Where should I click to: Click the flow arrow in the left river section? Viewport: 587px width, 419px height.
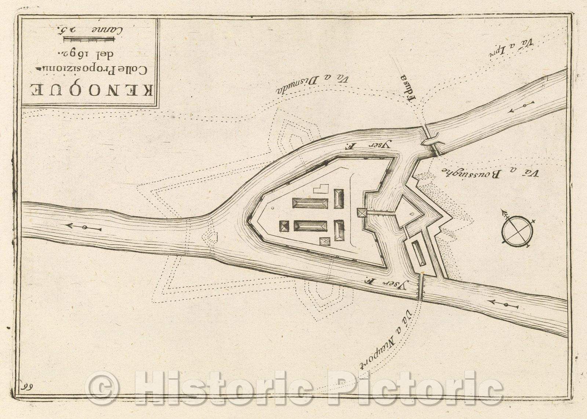[x=83, y=228]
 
